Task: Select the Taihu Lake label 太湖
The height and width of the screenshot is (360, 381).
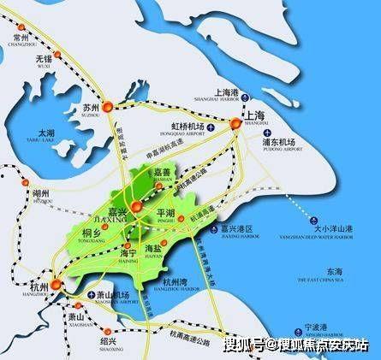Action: [46, 134]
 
